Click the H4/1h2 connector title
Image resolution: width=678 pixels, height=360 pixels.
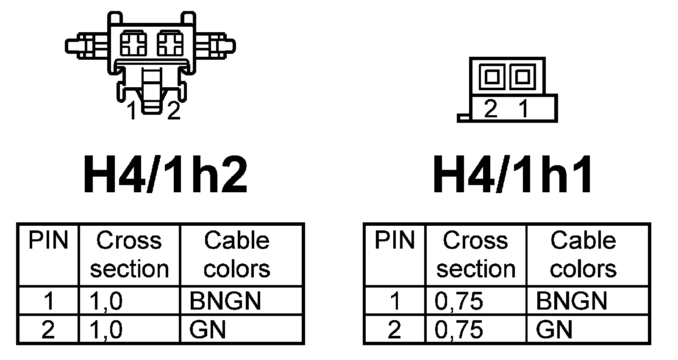tap(165, 174)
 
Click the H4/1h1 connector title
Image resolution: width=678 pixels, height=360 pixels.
tap(513, 174)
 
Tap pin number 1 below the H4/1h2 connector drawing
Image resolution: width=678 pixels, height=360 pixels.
tap(133, 111)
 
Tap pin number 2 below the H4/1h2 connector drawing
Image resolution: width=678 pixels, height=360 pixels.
tap(173, 111)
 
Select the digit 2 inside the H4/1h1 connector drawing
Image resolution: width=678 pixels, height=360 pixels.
tap(490, 109)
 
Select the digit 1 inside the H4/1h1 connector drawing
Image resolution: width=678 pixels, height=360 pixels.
tap(524, 109)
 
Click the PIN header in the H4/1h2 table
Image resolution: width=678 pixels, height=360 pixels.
tap(48, 241)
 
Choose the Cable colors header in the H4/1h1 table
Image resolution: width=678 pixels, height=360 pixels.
tap(583, 255)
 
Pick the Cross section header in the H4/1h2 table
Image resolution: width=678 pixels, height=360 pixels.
tap(129, 255)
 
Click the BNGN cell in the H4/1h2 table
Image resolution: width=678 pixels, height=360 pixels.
tap(225, 301)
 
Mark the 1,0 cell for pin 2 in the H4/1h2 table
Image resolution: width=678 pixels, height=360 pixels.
tap(106, 330)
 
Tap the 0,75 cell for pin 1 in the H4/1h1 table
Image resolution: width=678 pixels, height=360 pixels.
tap(459, 301)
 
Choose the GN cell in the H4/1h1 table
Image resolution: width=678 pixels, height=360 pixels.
tap(554, 330)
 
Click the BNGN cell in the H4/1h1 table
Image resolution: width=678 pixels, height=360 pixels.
tap(571, 301)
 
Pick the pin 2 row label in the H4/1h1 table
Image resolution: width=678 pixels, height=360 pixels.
tap(394, 330)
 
